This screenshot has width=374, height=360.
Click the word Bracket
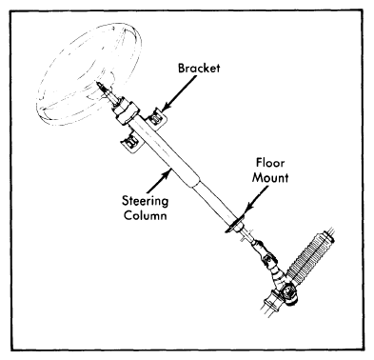(199, 68)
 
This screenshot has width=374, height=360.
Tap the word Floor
(270, 163)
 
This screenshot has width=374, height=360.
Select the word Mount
(270, 177)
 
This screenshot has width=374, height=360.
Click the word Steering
(146, 201)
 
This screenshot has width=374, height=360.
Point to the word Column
(146, 215)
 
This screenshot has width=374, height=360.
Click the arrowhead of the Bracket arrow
(165, 108)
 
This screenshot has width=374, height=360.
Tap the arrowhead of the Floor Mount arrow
(247, 208)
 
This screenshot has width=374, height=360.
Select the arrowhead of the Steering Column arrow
(167, 172)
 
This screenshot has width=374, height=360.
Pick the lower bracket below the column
(131, 142)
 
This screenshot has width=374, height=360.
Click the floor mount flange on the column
(234, 225)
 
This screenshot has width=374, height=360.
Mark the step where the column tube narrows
(196, 183)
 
